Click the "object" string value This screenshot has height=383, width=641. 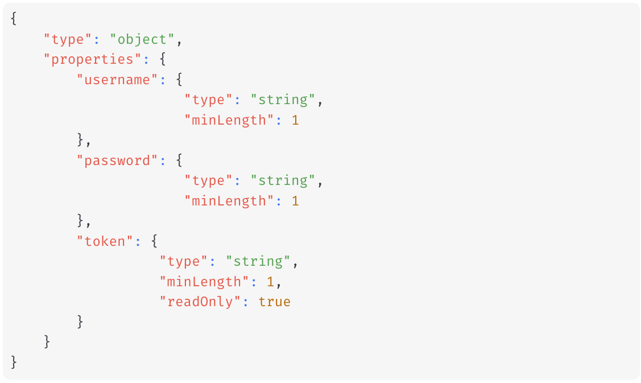142,39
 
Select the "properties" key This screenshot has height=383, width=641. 93,59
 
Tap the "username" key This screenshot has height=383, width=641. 117,80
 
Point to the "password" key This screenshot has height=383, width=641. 117,160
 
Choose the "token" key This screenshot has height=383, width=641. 105,241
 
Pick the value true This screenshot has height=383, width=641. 274,302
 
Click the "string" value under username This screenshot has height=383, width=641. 283,100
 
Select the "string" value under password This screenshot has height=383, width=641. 283,180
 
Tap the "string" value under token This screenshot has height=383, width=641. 258,261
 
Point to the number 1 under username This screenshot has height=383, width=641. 295,120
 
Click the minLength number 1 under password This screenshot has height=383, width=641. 295,201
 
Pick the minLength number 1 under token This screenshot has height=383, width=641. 271,282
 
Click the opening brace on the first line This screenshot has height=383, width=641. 14,19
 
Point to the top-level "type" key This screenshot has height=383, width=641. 68,39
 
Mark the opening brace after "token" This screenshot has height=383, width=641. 155,241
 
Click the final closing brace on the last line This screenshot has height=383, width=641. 14,362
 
